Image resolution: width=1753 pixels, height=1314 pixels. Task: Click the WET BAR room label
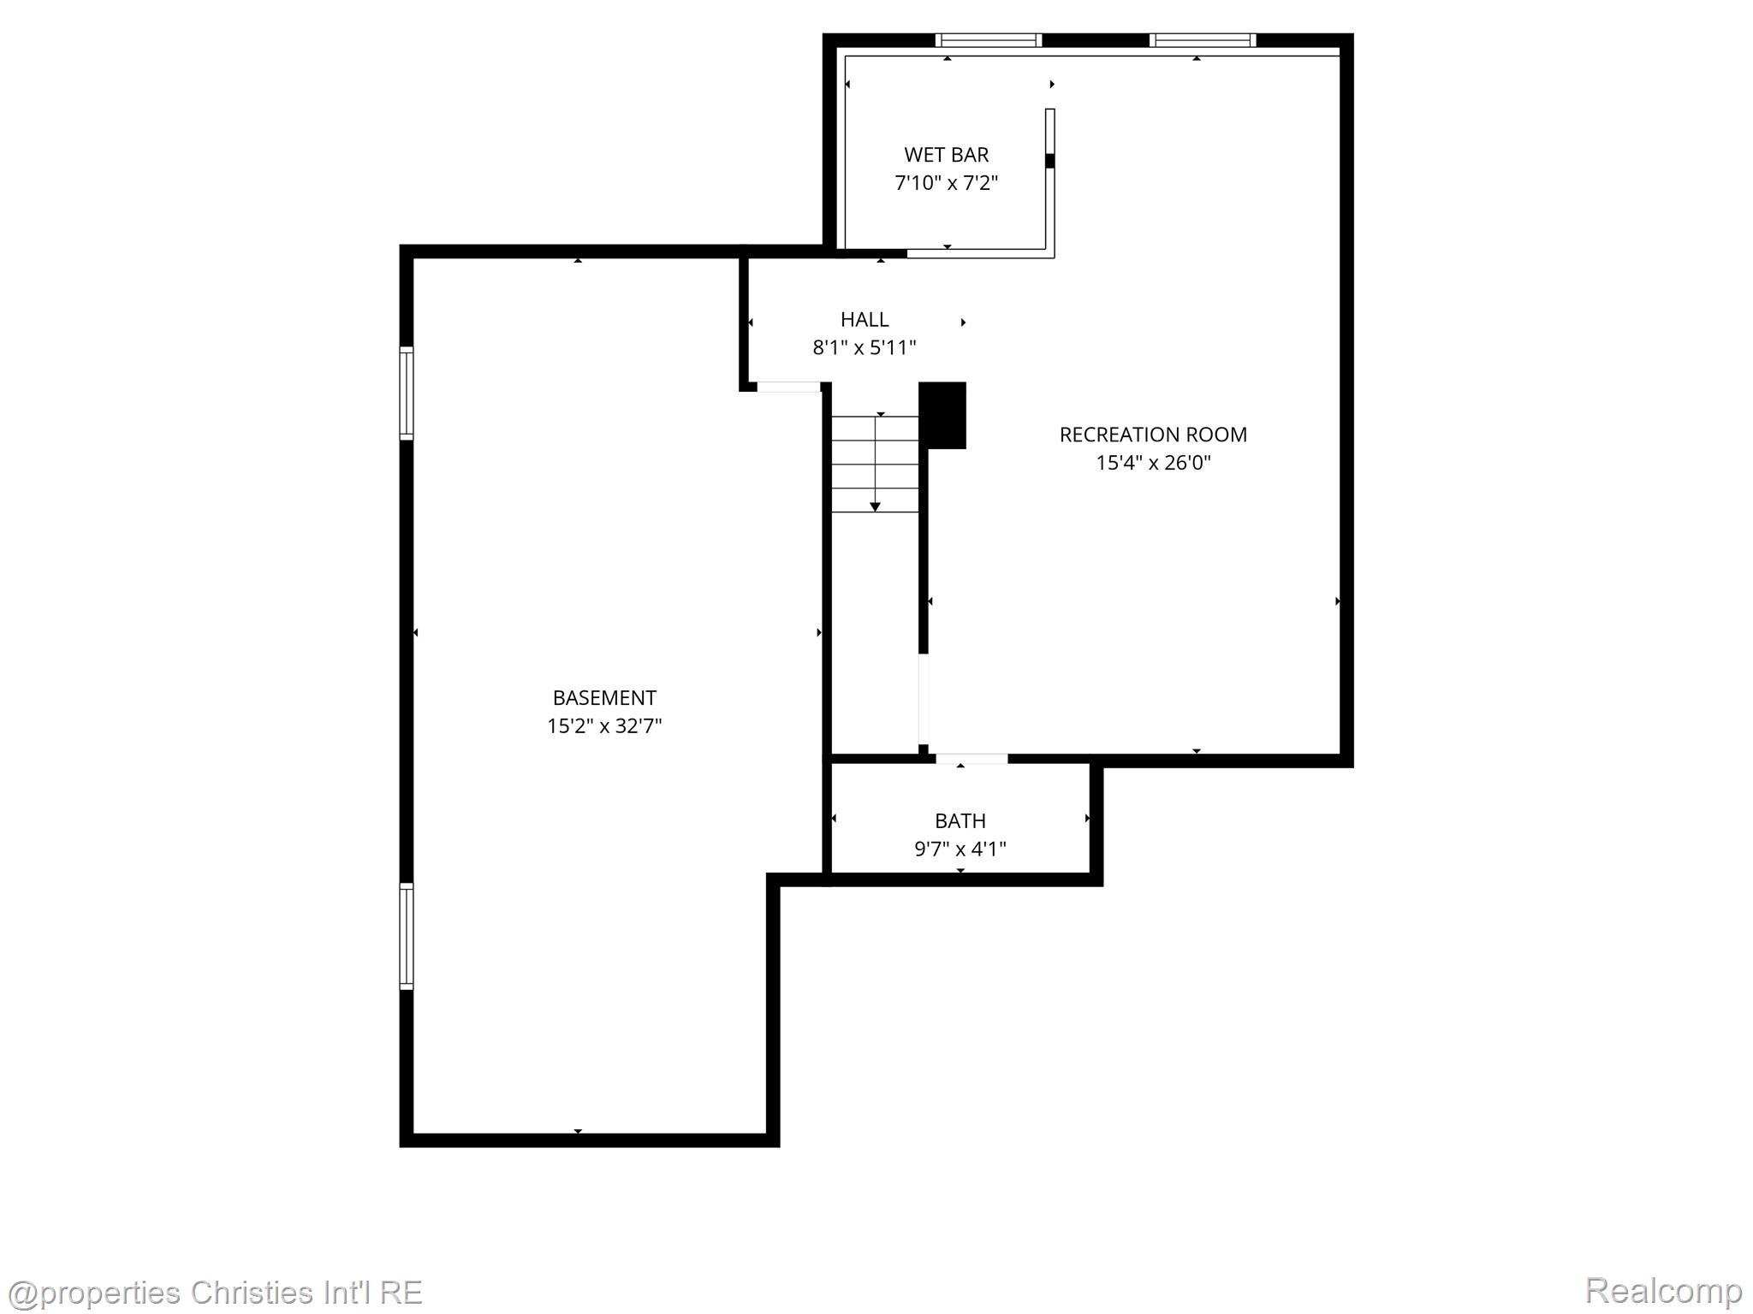(946, 155)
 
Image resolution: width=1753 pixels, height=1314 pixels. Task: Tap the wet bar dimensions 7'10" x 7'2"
(946, 183)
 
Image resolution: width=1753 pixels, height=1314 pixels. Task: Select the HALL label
(865, 320)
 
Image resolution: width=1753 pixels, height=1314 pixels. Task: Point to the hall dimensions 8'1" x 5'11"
(865, 348)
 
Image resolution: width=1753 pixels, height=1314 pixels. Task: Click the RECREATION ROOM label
(1153, 435)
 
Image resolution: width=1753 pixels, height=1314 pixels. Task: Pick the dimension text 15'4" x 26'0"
(1153, 463)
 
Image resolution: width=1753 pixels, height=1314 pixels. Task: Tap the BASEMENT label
(604, 698)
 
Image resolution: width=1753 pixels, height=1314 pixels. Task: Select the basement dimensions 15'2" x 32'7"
(604, 726)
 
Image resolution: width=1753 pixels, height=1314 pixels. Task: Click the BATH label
(960, 821)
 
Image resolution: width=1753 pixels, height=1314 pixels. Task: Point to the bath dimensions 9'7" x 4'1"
(960, 849)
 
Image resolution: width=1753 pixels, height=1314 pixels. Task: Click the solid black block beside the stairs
(942, 415)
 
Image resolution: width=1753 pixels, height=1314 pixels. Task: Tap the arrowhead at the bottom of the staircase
(875, 507)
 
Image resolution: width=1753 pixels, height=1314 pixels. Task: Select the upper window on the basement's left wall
(407, 393)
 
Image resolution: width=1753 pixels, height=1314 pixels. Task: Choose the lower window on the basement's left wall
(407, 936)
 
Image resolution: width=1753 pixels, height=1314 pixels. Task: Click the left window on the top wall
(989, 40)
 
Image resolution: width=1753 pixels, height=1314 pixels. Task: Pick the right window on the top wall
(1203, 40)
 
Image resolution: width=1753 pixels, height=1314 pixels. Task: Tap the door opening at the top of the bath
(972, 758)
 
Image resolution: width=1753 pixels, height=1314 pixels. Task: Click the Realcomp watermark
(1662, 1290)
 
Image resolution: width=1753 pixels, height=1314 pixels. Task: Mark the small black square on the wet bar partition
(1050, 160)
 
